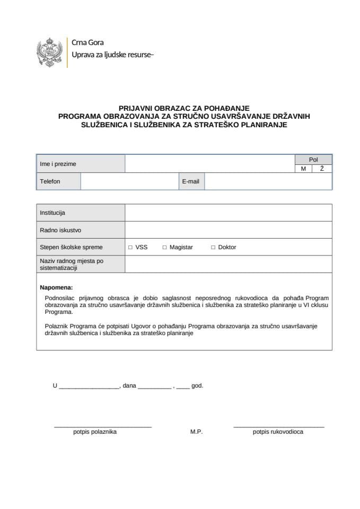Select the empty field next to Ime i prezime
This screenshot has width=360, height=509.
[x=209, y=164]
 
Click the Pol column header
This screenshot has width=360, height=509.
[x=313, y=160]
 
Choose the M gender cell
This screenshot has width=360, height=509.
[x=304, y=169]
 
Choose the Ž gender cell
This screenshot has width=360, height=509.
[x=322, y=169]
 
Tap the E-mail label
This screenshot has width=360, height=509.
[x=190, y=181]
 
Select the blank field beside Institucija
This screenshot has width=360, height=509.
[x=228, y=213]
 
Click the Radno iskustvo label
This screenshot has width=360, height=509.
[x=60, y=230]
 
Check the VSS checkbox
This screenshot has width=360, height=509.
[x=130, y=248]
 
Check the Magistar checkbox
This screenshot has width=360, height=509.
[x=164, y=248]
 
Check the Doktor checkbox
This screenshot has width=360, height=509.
[x=213, y=248]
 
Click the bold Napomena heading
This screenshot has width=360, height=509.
[x=56, y=287]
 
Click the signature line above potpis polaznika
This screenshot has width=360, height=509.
[x=103, y=426]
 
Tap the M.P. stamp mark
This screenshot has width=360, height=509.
[x=196, y=432]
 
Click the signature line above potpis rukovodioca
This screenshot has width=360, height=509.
[x=278, y=426]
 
